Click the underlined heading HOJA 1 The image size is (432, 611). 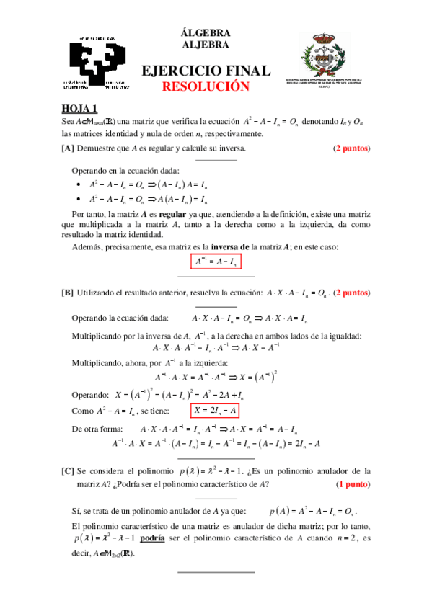click(x=79, y=109)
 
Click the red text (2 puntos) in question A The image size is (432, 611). click(x=351, y=149)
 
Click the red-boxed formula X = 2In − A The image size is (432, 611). click(x=214, y=411)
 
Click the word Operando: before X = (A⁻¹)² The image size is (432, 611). click(x=91, y=394)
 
